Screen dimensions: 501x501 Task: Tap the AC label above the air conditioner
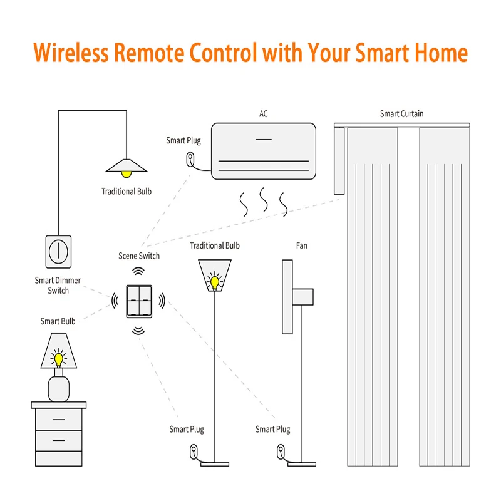[264, 114]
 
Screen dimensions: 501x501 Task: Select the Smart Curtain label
[401, 114]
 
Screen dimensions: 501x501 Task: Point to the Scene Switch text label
[139, 256]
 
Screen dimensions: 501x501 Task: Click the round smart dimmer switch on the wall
[58, 250]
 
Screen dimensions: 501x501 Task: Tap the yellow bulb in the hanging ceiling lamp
[127, 170]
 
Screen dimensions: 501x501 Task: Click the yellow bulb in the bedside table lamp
[59, 359]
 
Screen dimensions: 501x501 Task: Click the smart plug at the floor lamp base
[194, 450]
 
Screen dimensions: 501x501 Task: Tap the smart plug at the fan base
[281, 450]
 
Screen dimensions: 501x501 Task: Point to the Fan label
[302, 246]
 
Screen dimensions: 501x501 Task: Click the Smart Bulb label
[58, 321]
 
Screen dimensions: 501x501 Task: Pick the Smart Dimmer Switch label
[58, 286]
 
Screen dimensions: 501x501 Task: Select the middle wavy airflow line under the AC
[264, 202]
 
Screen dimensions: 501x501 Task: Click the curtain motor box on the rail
[339, 160]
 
